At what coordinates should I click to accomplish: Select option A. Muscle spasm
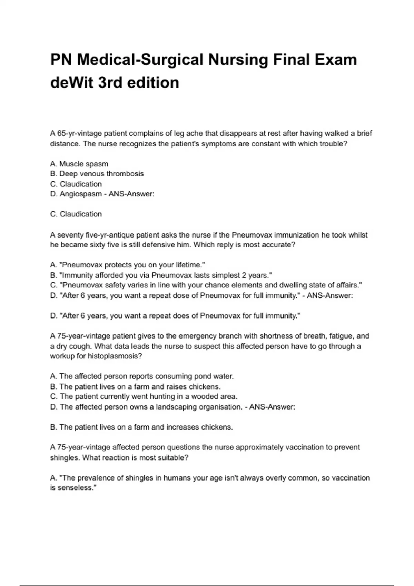[79, 164]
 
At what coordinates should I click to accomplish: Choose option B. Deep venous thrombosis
[97, 174]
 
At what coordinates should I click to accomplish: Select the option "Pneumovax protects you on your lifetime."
[128, 265]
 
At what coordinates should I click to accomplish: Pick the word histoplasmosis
[112, 356]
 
